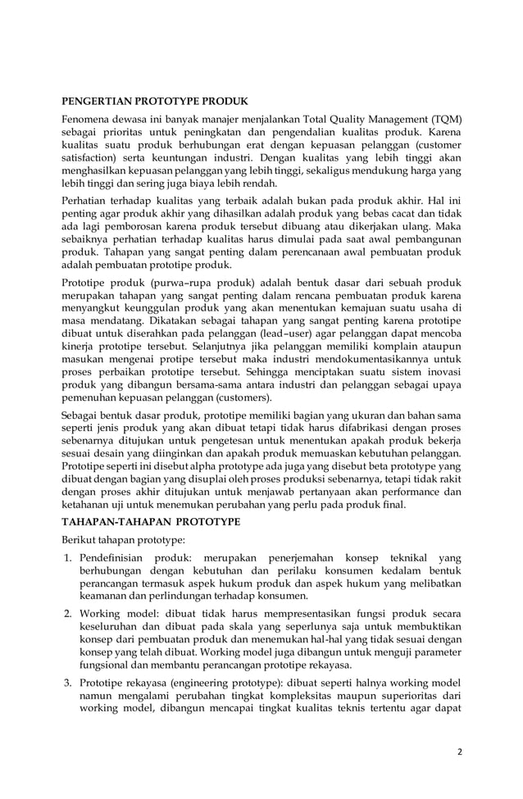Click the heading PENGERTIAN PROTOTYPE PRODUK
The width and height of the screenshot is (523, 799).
pos(155,102)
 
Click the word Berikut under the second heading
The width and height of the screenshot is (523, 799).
pos(81,542)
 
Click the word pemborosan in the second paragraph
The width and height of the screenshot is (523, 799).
pos(130,225)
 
